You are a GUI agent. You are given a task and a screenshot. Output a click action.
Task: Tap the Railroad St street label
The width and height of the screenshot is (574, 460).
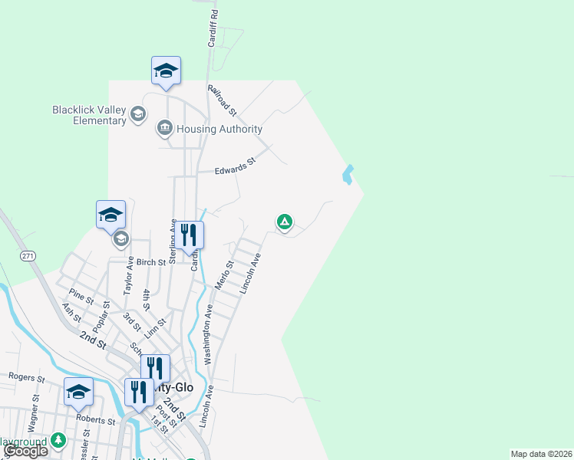pyautogui.click(x=225, y=101)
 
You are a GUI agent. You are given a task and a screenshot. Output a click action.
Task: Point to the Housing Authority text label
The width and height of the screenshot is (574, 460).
pyautogui.click(x=219, y=130)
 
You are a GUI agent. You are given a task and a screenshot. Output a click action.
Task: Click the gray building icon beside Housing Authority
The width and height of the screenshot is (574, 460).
pyautogui.click(x=164, y=128)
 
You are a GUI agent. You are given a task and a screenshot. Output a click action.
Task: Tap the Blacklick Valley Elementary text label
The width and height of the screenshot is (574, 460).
pyautogui.click(x=88, y=115)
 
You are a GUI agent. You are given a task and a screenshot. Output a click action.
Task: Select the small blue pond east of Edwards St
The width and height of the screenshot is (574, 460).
pyautogui.click(x=348, y=175)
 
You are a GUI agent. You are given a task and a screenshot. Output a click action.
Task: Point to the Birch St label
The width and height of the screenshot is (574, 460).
pyautogui.click(x=151, y=262)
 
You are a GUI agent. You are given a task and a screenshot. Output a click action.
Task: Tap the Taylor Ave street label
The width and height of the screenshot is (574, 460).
pyautogui.click(x=130, y=275)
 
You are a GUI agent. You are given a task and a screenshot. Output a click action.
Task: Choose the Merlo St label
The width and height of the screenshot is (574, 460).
pyautogui.click(x=224, y=273)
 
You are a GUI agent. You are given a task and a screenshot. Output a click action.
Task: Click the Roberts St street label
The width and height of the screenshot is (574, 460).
pyautogui.click(x=101, y=421)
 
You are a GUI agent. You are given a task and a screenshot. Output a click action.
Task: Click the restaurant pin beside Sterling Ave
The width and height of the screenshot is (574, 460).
pyautogui.click(x=188, y=236)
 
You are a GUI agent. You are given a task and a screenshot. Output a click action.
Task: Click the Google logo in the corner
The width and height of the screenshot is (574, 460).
pyautogui.click(x=25, y=451)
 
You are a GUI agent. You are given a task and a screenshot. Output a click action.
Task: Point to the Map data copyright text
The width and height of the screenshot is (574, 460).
pyautogui.click(x=542, y=454)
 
